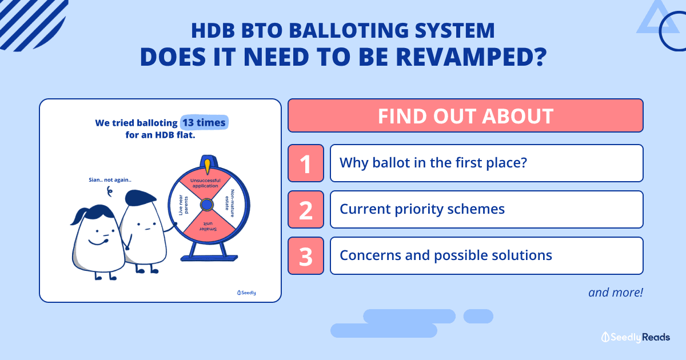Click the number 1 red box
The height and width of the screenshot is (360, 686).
tap(306, 163)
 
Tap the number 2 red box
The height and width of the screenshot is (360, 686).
tap(306, 209)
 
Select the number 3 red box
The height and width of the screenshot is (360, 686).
tap(306, 255)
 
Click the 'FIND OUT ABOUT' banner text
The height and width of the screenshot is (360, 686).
tap(465, 116)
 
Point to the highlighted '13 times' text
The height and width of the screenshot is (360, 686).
tap(204, 122)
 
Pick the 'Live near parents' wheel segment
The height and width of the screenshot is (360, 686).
tap(183, 205)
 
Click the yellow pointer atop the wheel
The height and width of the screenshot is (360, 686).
tap(208, 166)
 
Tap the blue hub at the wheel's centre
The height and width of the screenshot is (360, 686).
tap(207, 205)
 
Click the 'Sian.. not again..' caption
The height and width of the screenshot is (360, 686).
tap(110, 180)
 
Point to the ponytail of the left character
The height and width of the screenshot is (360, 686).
tap(78, 216)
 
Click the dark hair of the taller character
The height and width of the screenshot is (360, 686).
tap(140, 198)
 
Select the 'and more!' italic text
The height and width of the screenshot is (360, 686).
tap(616, 293)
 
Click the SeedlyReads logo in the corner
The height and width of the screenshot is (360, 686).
tap(636, 337)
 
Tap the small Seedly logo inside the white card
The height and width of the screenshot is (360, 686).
tap(246, 293)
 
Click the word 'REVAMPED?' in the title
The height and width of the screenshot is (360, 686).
tap(472, 57)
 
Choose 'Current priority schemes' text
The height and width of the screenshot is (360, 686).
tap(422, 209)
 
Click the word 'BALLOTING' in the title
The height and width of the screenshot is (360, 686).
tap(349, 30)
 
